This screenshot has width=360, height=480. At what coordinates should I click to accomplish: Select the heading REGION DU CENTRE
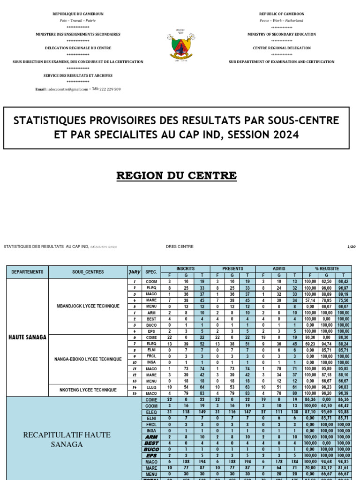click(x=176, y=176)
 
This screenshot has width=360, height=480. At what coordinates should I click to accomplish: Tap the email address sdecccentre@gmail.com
click(x=68, y=89)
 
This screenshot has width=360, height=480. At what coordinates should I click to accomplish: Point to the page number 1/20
click(x=351, y=247)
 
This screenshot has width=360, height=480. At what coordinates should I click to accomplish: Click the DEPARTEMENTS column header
click(x=27, y=272)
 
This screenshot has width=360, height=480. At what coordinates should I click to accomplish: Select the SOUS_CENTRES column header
click(x=88, y=272)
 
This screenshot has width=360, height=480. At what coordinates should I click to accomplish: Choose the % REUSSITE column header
click(x=327, y=269)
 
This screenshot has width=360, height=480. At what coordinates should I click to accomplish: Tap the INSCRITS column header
click(x=185, y=269)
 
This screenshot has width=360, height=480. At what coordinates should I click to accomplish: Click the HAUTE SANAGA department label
click(x=27, y=337)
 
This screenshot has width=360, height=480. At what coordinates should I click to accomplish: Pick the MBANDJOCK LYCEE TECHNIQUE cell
click(x=88, y=306)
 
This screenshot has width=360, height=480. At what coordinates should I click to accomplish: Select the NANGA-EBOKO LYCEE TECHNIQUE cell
click(x=88, y=359)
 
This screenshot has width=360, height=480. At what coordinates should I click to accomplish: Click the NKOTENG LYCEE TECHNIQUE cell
click(x=88, y=390)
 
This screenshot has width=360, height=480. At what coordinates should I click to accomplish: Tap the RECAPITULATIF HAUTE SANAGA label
click(x=67, y=439)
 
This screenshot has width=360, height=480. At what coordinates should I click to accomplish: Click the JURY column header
click(x=134, y=272)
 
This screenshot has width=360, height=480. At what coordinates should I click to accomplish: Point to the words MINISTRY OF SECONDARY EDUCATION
click(x=281, y=34)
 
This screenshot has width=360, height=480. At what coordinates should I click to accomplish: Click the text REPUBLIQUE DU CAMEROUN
click(x=78, y=14)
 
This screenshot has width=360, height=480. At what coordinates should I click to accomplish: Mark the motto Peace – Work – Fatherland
click(x=281, y=21)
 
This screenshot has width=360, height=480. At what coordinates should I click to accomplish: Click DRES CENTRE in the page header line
click(x=180, y=247)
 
